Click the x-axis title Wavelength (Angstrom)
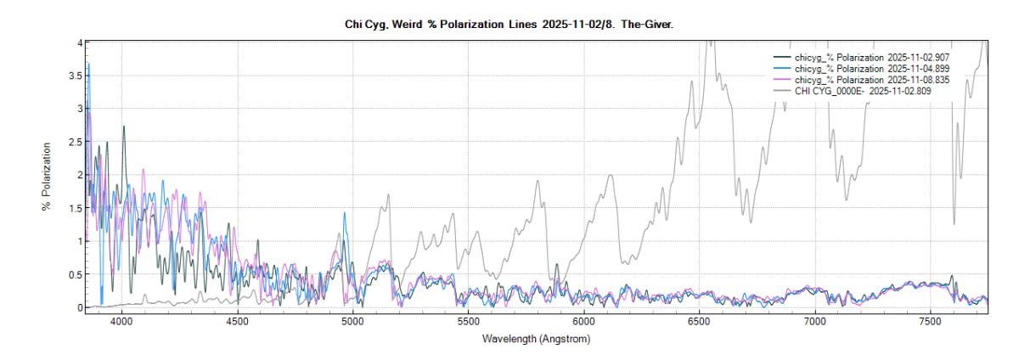tap(536, 339)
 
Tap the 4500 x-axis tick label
tap(237, 323)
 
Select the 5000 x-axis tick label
tap(352, 323)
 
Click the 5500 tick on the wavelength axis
tap(468, 323)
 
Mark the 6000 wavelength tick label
tap(583, 323)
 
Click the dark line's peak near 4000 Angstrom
tap(124, 127)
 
